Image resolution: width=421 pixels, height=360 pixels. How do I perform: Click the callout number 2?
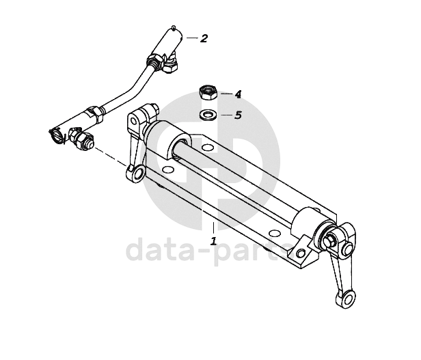(x=204, y=38)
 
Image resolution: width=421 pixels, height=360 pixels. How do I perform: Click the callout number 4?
(x=238, y=94)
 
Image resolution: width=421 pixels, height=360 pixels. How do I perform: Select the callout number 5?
(x=238, y=115)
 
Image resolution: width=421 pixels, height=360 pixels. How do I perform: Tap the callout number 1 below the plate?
(x=213, y=241)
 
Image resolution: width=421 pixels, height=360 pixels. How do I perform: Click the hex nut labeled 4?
(x=207, y=91)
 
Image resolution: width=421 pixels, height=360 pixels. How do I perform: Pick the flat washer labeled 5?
(x=208, y=113)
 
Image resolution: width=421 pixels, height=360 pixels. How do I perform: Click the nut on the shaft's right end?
(x=330, y=240)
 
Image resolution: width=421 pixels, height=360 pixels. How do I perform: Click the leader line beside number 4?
(x=226, y=93)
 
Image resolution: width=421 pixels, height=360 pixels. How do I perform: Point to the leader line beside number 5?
(x=226, y=114)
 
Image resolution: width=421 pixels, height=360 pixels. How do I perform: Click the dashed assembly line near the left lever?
(x=109, y=156)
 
